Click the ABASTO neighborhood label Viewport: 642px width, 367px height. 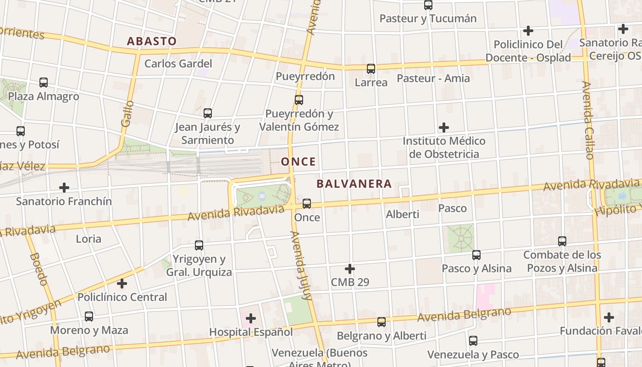point(151,41)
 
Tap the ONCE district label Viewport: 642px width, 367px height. point(299,161)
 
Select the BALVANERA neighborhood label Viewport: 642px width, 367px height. point(354,184)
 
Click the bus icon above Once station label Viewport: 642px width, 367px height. point(307,203)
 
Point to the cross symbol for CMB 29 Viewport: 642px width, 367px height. point(350,268)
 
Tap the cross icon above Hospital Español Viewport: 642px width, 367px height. point(251,318)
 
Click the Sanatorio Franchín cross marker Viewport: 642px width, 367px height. point(64,188)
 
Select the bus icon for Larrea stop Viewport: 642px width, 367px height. point(371,69)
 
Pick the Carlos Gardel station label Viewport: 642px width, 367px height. point(178,63)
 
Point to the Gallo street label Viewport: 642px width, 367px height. point(127,113)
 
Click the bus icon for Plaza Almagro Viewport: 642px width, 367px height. point(44,83)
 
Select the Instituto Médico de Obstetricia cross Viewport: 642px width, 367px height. point(444,127)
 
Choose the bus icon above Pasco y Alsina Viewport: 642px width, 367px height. point(476,255)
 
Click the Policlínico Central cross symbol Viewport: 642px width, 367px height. point(122,284)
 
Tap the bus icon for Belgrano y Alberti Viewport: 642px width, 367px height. point(382,322)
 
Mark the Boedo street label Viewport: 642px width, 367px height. point(39,268)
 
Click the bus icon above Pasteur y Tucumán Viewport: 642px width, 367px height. point(428,5)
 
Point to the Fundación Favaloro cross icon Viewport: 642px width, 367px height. point(609,317)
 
